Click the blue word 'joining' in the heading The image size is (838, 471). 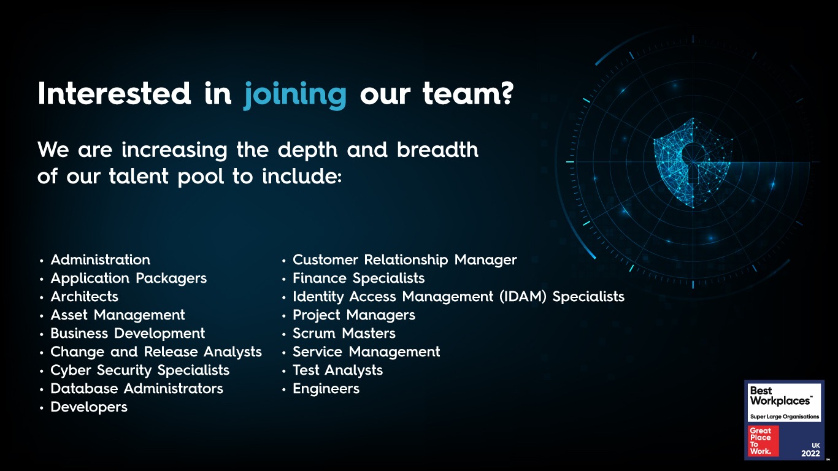295,95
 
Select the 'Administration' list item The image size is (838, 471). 100,260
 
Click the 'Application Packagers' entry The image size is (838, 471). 128,278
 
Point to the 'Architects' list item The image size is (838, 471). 84,297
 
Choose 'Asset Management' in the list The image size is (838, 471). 117,315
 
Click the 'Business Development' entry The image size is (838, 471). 128,334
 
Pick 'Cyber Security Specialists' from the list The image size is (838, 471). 140,370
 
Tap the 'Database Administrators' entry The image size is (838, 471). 137,389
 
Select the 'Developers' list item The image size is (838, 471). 89,407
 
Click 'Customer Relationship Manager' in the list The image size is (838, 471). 404,260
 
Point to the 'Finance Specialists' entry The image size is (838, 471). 358,278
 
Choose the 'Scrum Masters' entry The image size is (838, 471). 344,334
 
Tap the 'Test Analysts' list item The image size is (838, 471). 337,370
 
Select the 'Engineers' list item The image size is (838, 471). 326,389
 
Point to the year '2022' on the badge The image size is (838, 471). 810,453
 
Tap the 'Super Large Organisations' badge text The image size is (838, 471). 785,417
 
